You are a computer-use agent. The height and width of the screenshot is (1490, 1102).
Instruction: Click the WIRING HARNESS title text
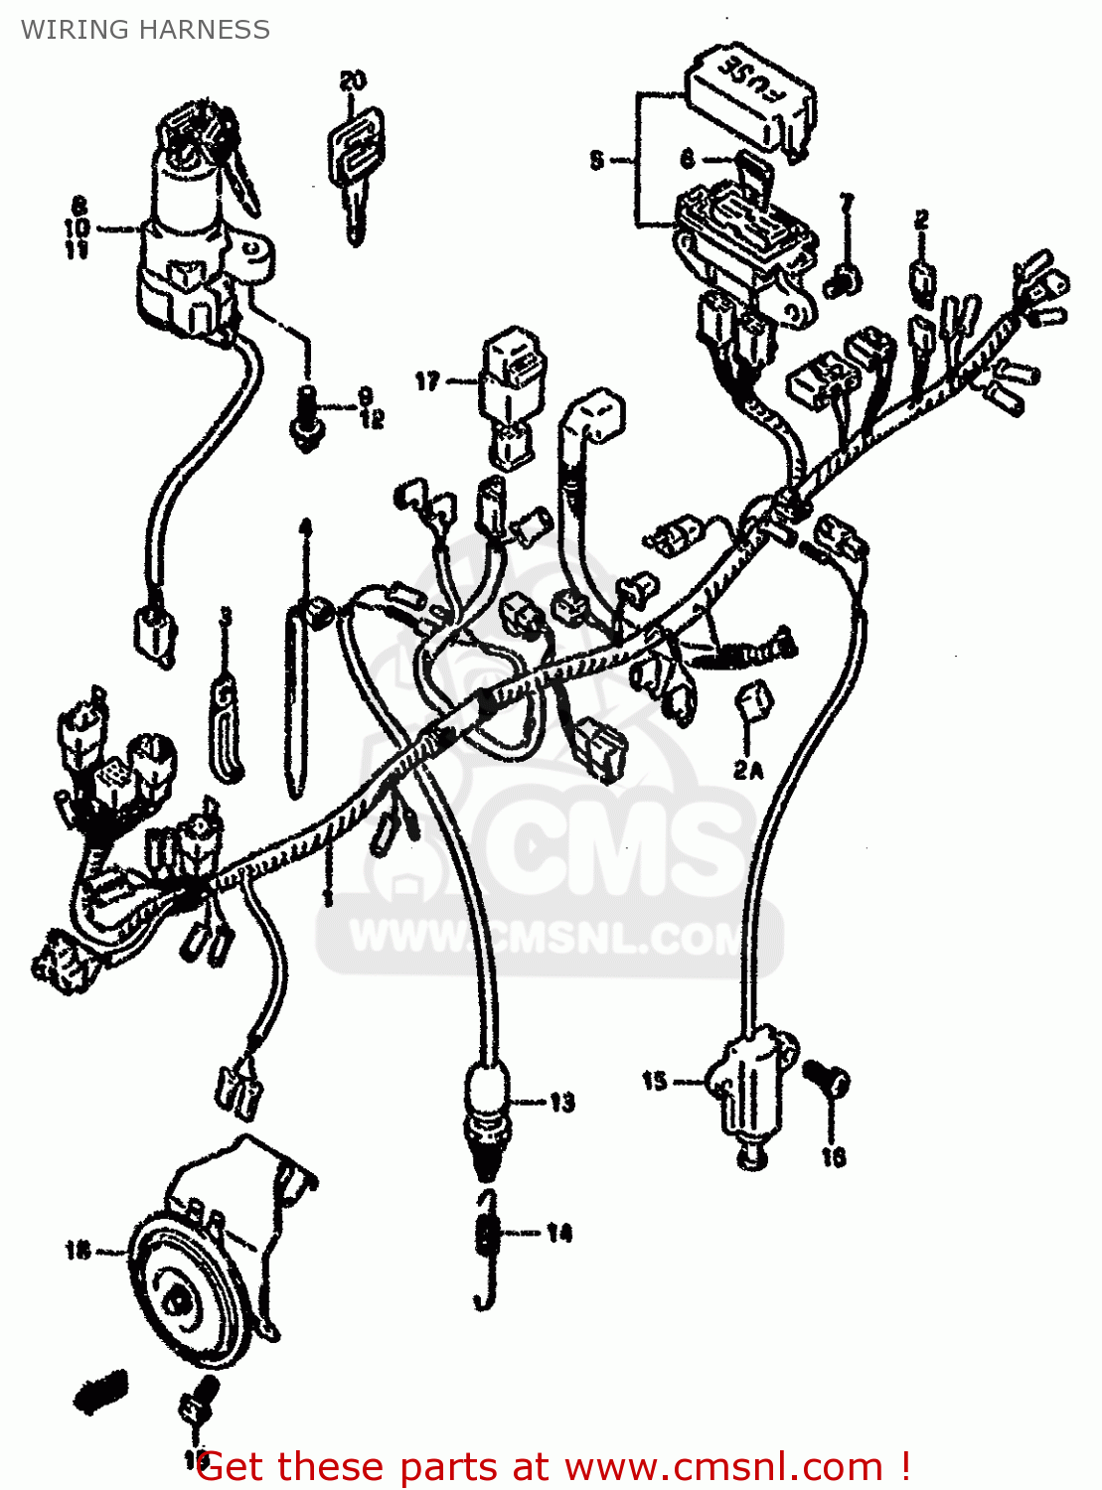(145, 30)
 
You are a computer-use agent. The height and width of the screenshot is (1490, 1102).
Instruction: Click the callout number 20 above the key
(352, 80)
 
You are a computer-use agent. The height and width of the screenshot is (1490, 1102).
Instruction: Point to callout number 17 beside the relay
(427, 381)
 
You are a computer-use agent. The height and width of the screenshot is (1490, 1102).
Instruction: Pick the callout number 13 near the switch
(562, 1103)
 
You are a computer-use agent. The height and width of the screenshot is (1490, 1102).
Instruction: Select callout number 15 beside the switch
(654, 1081)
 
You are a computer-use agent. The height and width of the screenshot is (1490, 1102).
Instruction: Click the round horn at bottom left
(189, 1291)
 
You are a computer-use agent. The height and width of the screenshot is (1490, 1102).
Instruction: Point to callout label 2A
(748, 769)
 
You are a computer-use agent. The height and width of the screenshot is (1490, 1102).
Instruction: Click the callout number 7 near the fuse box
(847, 205)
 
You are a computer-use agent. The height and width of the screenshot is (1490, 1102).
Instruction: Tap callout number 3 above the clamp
(226, 617)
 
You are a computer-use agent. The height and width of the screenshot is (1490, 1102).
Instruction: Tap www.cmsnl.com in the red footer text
(725, 1467)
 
